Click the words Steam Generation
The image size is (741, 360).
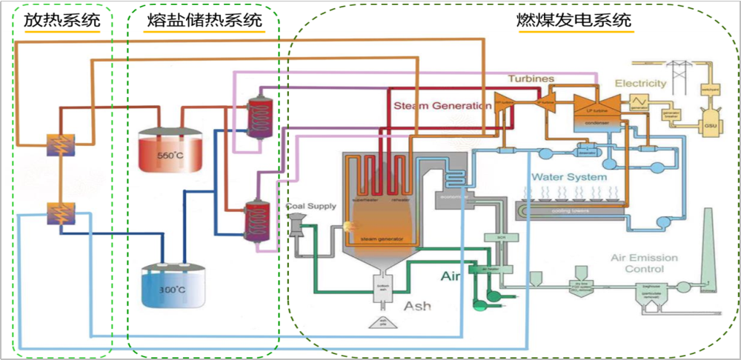(x=442, y=106)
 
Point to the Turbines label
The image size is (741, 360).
(x=531, y=79)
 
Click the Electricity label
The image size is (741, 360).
(x=640, y=83)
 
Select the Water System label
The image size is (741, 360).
(x=569, y=178)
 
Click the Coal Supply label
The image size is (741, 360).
(x=311, y=207)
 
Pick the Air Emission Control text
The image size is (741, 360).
(x=644, y=263)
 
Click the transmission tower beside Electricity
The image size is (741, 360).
(x=682, y=72)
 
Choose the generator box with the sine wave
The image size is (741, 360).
(x=636, y=99)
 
